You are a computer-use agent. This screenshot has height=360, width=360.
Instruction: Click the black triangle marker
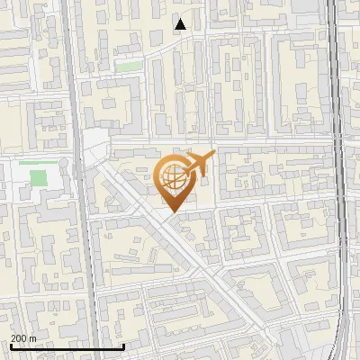coord(181,24)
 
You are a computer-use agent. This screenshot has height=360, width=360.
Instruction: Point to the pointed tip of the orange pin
coord(171,212)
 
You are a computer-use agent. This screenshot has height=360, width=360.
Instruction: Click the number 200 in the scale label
coord(18,338)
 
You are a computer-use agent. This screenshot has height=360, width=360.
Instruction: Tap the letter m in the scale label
coord(33,338)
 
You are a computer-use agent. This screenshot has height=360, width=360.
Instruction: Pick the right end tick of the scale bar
coord(123,346)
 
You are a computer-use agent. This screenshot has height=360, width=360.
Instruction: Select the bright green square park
coord(38,176)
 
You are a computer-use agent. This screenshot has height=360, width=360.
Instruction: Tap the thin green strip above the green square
coord(32,163)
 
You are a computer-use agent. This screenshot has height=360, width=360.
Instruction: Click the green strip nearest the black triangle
coord(129,66)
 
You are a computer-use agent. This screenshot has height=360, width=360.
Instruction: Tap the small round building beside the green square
coord(64,165)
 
